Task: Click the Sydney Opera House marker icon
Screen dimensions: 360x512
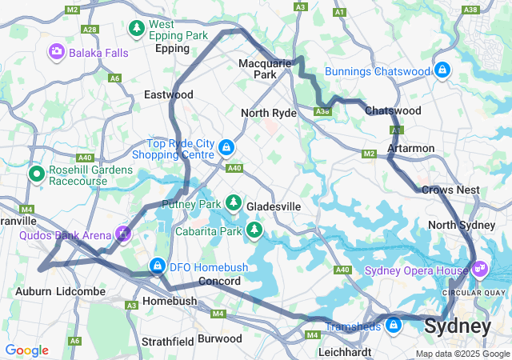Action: click(479, 270)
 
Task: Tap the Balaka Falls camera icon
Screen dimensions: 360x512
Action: click(57, 53)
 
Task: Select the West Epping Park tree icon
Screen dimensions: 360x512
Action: click(137, 29)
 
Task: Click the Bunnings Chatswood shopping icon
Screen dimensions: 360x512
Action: click(442, 71)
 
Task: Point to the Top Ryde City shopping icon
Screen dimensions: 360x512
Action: click(227, 147)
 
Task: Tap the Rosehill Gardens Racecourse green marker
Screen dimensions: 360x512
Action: click(36, 173)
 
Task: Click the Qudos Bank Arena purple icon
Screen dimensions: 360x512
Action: click(122, 234)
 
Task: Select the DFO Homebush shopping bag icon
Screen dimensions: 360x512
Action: click(157, 266)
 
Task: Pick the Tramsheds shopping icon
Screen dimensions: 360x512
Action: click(393, 326)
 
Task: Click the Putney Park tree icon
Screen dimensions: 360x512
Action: click(234, 203)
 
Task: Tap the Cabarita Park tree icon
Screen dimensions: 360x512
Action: click(254, 231)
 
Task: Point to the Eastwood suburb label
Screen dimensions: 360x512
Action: click(168, 94)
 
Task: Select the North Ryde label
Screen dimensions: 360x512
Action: click(269, 113)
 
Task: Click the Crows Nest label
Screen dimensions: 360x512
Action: click(450, 190)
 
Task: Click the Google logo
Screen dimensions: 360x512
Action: click(26, 350)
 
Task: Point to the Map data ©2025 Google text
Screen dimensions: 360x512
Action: click(462, 354)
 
